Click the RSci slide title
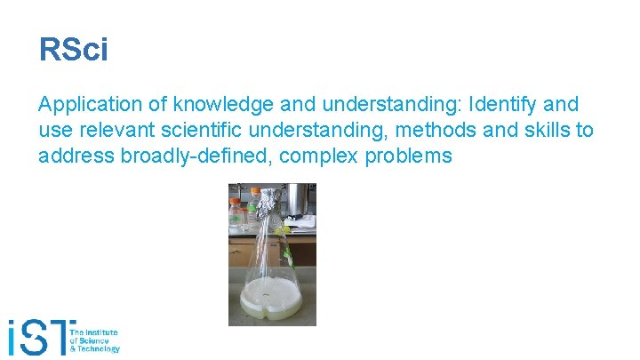74,50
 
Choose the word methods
434,132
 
